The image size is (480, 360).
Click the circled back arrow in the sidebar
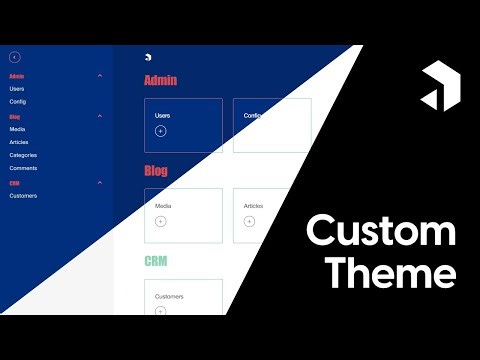click(x=14, y=58)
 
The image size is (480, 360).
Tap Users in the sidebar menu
click(x=17, y=88)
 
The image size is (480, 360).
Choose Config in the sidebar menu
click(x=18, y=101)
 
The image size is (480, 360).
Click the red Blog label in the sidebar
click(x=15, y=117)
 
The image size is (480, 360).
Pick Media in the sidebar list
click(x=17, y=129)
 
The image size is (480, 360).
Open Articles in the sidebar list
click(x=19, y=142)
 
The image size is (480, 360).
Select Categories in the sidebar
click(x=23, y=155)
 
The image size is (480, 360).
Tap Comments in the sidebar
click(x=23, y=168)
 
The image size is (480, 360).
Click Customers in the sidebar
click(x=23, y=195)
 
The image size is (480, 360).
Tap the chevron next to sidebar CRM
click(x=100, y=183)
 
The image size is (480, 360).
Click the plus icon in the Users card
click(x=161, y=131)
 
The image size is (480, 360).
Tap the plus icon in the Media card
click(x=161, y=221)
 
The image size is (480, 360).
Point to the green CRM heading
click(x=155, y=261)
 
